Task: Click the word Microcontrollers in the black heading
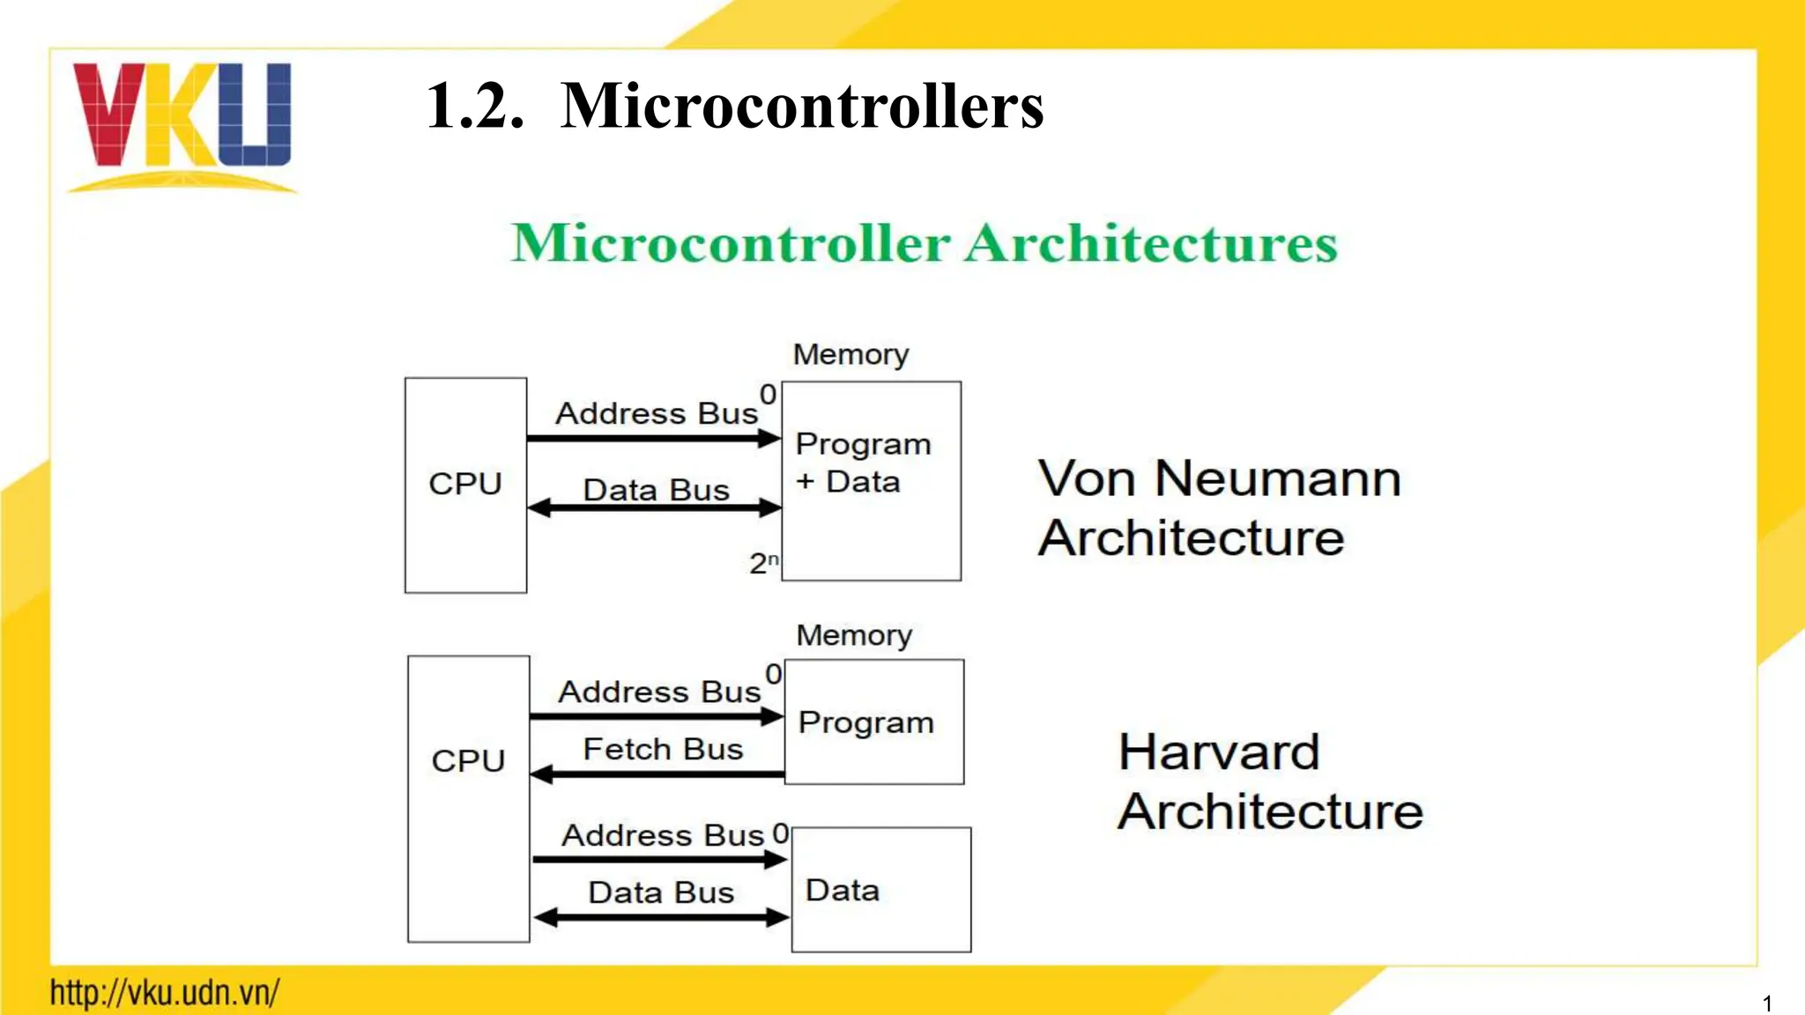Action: pos(801,107)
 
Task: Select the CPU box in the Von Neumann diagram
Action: pos(465,485)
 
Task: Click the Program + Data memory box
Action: pos(871,481)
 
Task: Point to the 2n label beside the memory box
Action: pos(763,563)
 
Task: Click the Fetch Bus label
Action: pos(663,750)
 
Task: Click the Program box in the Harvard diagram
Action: pos(873,722)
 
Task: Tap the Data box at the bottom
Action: pos(880,890)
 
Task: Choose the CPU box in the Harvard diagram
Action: pos(468,798)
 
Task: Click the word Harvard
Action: pos(1219,752)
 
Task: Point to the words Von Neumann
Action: pos(1219,479)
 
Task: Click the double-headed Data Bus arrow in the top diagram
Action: pos(654,508)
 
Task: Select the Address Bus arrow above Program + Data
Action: pos(654,438)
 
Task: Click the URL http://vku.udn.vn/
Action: pos(165,993)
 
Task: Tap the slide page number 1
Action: pos(1767,1004)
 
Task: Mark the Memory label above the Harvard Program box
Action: pos(853,635)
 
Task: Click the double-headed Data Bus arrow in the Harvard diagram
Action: pos(661,918)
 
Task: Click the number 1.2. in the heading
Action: pos(475,107)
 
